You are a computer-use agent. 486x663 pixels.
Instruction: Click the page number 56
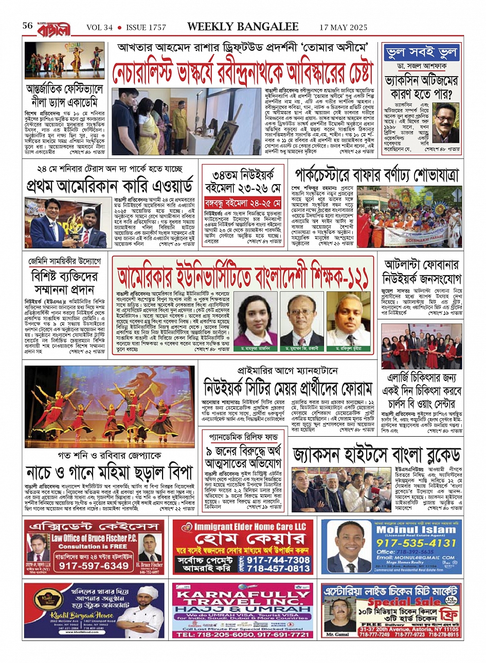point(28,26)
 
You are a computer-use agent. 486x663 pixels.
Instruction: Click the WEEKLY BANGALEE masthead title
point(243,26)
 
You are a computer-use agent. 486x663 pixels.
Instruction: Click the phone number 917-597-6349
point(94,565)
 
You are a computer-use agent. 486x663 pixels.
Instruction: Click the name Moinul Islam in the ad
point(417,529)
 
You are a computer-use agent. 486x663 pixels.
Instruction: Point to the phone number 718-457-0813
point(278,568)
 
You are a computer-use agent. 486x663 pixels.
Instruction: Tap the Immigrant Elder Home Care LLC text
point(250,527)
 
